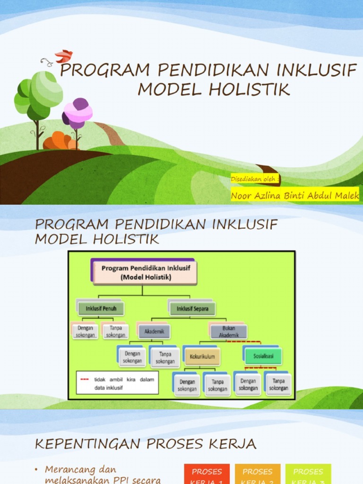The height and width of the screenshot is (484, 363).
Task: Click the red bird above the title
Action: click(x=63, y=56)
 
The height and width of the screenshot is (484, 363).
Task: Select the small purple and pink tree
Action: click(x=78, y=113)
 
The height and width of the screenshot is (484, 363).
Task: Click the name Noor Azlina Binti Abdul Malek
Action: click(x=295, y=195)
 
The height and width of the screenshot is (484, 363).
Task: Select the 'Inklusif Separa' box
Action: click(x=192, y=309)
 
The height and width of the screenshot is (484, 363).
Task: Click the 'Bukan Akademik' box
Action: click(x=229, y=332)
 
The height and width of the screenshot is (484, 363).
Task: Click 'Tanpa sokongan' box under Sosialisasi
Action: click(x=278, y=384)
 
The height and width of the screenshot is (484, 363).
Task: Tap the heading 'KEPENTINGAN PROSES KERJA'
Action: click(x=146, y=444)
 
